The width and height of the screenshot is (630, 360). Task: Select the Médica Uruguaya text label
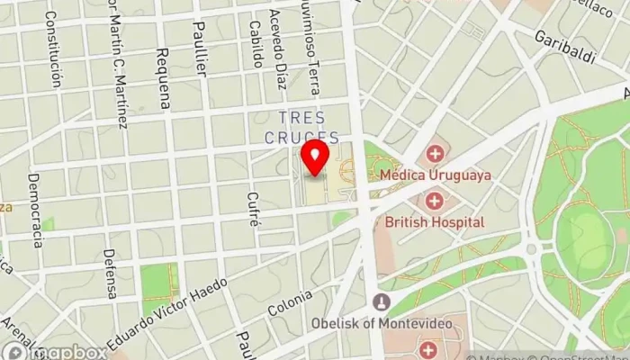pos(436,175)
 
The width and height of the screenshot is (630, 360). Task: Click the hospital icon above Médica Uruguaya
pos(436,153)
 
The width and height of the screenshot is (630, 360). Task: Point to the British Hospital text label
pos(435,221)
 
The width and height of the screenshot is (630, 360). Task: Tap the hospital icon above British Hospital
pos(435,200)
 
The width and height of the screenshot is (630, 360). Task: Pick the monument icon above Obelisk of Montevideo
pos(382,301)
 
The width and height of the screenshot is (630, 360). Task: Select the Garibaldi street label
pos(565,47)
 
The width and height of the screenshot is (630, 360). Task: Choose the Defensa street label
pos(109,274)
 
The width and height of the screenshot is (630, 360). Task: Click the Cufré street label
pos(253,210)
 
